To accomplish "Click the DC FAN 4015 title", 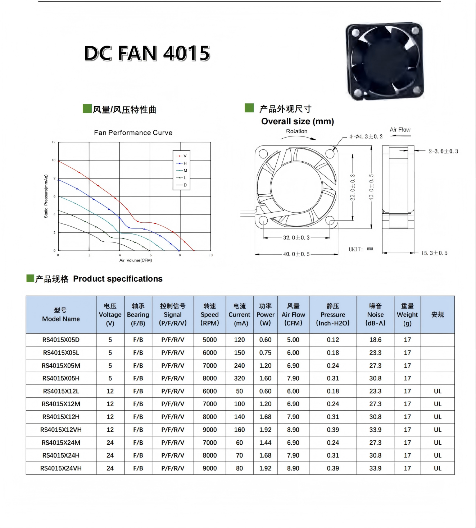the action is click(x=147, y=54).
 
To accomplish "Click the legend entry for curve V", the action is click(x=181, y=156).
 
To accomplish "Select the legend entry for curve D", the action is click(x=181, y=185).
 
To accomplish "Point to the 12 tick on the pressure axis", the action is click(x=54, y=142).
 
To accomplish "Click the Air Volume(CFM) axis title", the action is click(x=136, y=260).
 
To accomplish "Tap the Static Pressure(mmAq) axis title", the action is click(x=46, y=196).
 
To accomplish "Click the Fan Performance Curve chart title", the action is click(x=133, y=133).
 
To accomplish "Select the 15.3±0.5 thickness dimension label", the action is click(x=434, y=253).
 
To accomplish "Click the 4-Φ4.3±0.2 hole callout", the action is click(x=366, y=136).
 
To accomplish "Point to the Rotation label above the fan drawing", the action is click(x=297, y=131).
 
